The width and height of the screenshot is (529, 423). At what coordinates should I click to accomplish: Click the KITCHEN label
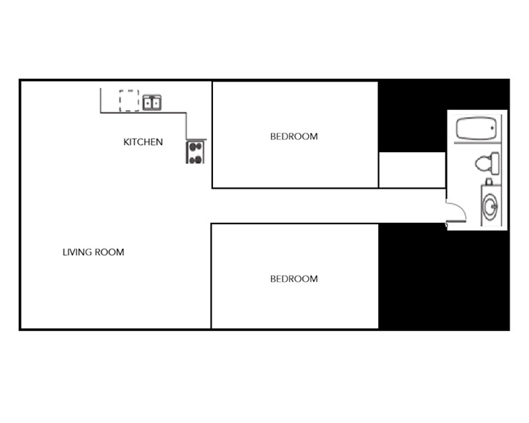[x=143, y=141]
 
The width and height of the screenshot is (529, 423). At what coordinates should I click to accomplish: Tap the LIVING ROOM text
[x=93, y=252]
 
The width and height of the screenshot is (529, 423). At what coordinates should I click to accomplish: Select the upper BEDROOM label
[x=293, y=136]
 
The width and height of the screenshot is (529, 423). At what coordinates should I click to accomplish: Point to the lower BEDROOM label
[x=293, y=279]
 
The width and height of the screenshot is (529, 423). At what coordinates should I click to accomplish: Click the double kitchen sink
[x=152, y=103]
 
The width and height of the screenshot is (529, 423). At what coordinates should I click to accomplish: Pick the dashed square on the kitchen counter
[x=129, y=100]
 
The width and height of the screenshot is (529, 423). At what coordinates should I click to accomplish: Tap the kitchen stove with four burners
[x=195, y=152]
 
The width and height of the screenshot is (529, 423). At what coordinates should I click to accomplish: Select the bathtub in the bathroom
[x=476, y=130]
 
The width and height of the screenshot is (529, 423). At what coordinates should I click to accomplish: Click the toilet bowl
[x=483, y=163]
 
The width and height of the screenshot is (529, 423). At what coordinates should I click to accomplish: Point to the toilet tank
[x=495, y=163]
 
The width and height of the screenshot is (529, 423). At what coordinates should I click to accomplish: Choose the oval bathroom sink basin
[x=490, y=207]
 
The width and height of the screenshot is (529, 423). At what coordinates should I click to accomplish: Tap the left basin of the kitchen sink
[x=148, y=103]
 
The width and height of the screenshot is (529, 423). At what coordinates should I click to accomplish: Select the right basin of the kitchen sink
[x=156, y=103]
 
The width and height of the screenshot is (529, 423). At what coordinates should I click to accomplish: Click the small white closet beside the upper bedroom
[x=411, y=170]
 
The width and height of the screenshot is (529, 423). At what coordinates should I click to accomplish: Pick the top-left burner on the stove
[x=192, y=148]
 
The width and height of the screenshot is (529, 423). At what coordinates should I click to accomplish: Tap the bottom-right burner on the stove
[x=199, y=158]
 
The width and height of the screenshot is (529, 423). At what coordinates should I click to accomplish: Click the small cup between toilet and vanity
[x=489, y=181]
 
